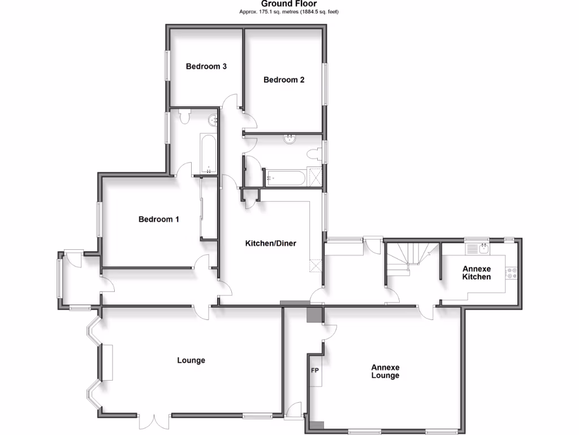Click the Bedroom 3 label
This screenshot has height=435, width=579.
click(x=206, y=66)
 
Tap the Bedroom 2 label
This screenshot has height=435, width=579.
click(x=284, y=80)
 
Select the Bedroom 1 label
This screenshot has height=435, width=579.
click(x=159, y=219)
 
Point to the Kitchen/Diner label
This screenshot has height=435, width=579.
click(x=270, y=244)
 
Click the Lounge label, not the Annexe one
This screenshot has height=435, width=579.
click(x=191, y=360)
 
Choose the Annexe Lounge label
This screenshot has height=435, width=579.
click(x=385, y=371)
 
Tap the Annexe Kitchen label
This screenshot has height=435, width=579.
click(x=477, y=272)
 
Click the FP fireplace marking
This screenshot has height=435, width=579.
click(x=315, y=372)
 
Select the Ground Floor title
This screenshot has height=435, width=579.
click(x=289, y=3)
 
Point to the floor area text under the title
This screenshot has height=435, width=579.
click(x=289, y=11)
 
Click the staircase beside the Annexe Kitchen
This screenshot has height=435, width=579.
click(x=413, y=255)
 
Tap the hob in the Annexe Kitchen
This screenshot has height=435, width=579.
click(x=512, y=273)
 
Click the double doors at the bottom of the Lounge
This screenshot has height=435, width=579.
click(x=154, y=422)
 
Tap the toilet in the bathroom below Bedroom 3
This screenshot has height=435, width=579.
click(x=184, y=116)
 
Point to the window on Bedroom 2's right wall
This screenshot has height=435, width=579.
click(x=325, y=83)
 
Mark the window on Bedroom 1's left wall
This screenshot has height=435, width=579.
click(x=98, y=219)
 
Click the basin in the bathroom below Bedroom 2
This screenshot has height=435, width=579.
click(x=289, y=139)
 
